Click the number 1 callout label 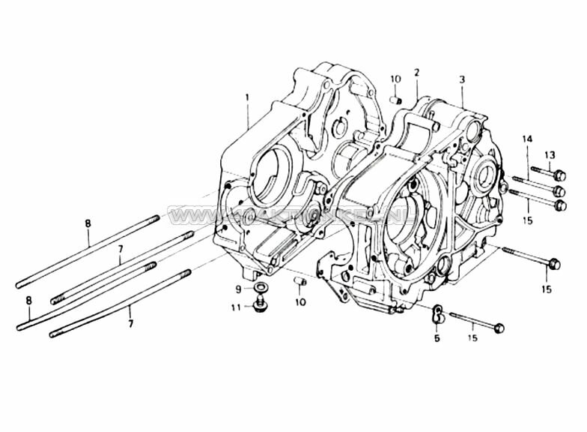point(246,97)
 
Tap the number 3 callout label point(462,79)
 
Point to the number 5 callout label point(437,338)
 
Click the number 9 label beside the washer point(239,289)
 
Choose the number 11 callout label point(236,307)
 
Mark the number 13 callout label point(550,155)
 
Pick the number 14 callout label point(527,140)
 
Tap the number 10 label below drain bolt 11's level point(300,302)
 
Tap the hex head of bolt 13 point(558,175)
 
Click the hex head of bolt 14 point(559,190)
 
